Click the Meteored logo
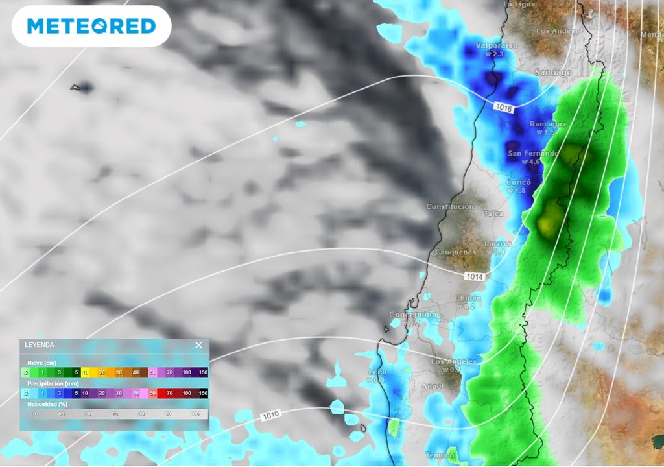(x=91, y=26)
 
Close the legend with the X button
(x=199, y=345)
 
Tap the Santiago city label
(x=553, y=73)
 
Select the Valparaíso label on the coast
(x=496, y=46)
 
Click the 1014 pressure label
(x=473, y=277)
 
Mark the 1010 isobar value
(x=270, y=415)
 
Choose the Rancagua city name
(x=547, y=124)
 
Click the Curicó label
(x=519, y=182)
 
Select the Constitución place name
(x=449, y=206)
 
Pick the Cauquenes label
(x=455, y=252)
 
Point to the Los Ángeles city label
(x=453, y=361)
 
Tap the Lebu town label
(x=376, y=372)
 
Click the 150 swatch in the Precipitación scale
(x=203, y=393)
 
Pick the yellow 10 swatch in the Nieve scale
(x=85, y=372)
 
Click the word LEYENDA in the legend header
(x=40, y=345)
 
